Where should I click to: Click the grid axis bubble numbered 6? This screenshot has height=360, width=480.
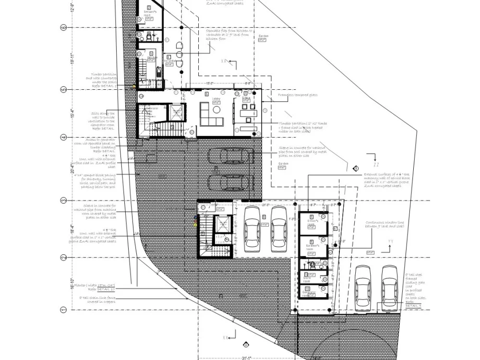coord(63,28)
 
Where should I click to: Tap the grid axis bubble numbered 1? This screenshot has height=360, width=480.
coord(63,310)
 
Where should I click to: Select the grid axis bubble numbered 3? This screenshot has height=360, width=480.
coord(63,200)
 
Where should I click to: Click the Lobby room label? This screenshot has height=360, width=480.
coord(216,99)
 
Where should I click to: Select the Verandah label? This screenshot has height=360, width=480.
coord(169,61)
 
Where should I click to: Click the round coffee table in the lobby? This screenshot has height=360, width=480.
coord(217,110)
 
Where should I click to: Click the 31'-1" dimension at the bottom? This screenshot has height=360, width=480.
coord(246,357)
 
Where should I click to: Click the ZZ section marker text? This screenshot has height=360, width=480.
coord(371,164)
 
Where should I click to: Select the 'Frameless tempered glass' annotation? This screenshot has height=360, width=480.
coord(297,95)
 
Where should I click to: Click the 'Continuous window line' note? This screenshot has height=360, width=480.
coord(384,224)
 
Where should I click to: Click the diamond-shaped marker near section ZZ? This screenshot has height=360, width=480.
coord(356,168)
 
